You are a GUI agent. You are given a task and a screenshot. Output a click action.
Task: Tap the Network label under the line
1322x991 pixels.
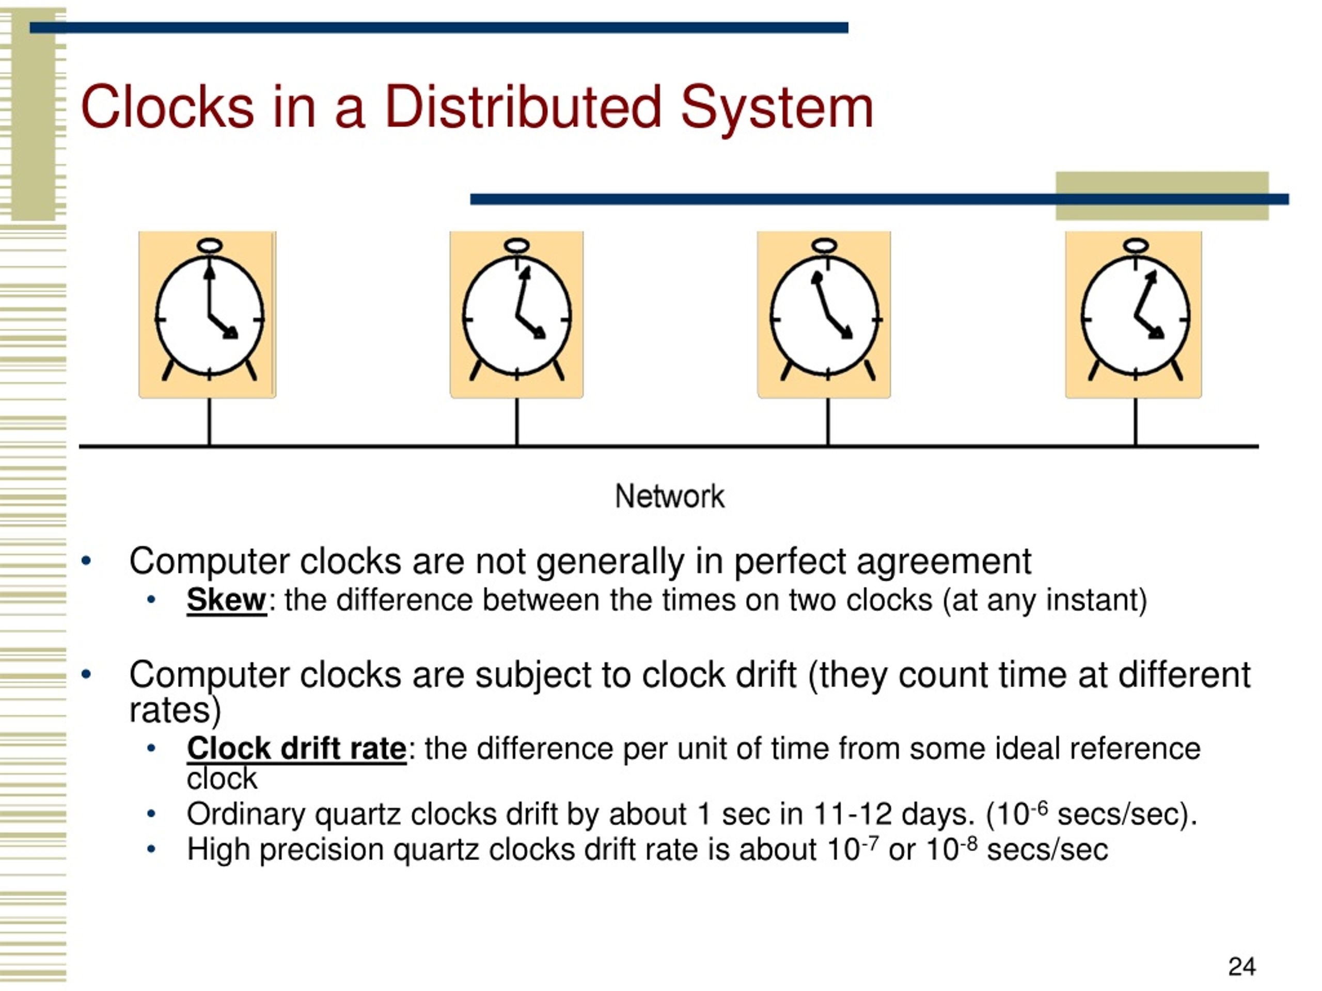tap(669, 497)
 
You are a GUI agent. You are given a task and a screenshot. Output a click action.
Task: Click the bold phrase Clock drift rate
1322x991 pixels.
tap(296, 748)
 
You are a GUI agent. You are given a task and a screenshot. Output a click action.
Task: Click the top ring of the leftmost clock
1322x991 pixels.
tap(209, 246)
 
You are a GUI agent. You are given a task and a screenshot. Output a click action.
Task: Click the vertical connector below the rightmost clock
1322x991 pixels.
tap(1136, 422)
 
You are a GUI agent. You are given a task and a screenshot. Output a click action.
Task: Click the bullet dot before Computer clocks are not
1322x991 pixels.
tap(87, 561)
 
